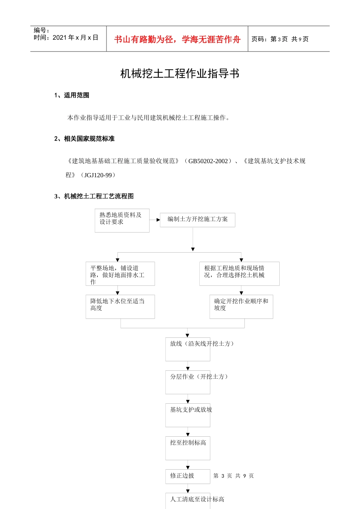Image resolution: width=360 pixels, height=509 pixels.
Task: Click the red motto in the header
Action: [177, 39]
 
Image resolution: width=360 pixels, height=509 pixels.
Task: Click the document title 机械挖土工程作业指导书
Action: [180, 73]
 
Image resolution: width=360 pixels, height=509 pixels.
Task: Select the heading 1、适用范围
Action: [72, 95]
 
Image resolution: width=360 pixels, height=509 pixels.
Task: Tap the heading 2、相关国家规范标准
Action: [84, 139]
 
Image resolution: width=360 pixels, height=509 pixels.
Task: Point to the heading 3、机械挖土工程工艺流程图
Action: [94, 196]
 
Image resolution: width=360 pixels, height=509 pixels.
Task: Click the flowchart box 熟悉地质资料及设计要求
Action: [122, 220]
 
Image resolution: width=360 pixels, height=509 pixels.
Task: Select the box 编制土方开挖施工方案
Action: [197, 220]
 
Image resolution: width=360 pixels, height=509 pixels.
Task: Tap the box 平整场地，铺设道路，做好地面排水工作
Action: [120, 274]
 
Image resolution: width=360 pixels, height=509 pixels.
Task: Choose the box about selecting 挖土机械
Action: [239, 273]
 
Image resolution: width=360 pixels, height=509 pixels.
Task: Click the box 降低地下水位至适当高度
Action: [120, 306]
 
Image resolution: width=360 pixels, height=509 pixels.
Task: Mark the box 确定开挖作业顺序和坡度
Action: [241, 306]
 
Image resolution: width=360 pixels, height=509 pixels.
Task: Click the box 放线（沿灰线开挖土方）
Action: [188, 349]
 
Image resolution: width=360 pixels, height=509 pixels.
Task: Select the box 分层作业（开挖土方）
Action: [188, 382]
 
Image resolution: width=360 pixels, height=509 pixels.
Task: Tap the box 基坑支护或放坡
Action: [188, 415]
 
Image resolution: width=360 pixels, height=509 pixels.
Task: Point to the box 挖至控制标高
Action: [188, 448]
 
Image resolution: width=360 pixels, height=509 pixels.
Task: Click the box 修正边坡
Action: [188, 476]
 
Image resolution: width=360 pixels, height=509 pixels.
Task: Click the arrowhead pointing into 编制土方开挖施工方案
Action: [158, 220]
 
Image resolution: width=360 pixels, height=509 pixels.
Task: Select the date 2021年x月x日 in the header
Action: [75, 37]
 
